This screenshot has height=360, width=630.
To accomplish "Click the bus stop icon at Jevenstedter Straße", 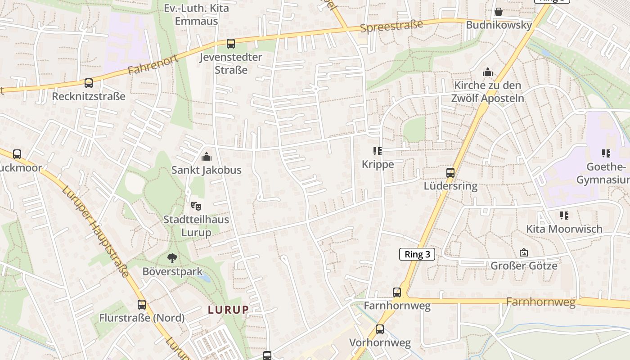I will (231, 44).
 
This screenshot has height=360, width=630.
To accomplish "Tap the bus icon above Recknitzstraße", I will (89, 83).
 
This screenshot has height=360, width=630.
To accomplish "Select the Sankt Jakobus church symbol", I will (207, 157).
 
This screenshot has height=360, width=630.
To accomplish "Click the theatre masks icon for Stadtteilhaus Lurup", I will (196, 206).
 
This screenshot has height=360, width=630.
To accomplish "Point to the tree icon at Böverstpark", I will (172, 258).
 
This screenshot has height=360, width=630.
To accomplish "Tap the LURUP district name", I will (228, 310).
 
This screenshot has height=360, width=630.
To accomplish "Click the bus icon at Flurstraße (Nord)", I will (142, 305).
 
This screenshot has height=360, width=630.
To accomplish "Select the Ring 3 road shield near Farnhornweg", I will (417, 254).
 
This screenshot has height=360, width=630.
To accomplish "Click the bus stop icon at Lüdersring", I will (450, 172).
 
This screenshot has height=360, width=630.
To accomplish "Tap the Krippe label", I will (378, 164).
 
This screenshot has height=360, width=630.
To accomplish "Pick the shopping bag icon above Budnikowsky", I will (499, 12).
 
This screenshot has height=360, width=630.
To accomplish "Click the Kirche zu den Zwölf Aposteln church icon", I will (488, 72).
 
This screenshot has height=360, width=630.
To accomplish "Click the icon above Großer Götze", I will (524, 252).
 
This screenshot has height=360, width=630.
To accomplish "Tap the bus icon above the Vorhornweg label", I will (380, 329).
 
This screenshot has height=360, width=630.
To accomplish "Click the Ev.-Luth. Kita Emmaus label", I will (196, 14).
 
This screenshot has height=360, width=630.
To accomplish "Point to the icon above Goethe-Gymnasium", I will (606, 153).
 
